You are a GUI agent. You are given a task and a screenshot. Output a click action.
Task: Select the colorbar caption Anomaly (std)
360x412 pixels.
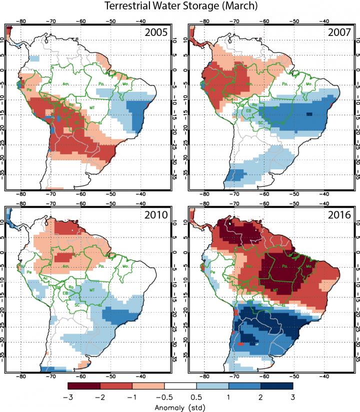pos(180,407)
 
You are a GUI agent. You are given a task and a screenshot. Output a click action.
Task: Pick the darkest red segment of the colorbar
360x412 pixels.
pos(84,386)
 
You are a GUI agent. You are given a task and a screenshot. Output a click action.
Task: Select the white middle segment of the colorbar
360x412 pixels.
pos(180,386)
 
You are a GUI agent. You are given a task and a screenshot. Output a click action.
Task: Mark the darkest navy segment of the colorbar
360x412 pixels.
pos(276,386)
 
